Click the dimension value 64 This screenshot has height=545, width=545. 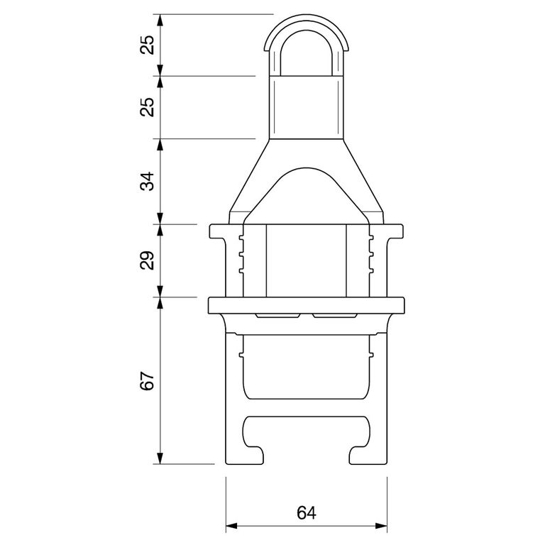tap(307, 513)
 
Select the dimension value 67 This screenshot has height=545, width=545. tap(147, 381)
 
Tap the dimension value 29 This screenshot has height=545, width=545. tap(147, 260)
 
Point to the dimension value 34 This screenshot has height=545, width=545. tap(147, 181)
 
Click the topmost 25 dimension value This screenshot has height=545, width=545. tap(147, 45)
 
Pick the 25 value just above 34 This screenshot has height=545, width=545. tap(147, 107)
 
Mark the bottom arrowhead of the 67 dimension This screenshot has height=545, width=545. tap(160, 458)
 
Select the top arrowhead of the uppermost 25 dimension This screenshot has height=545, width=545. tap(160, 20)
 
